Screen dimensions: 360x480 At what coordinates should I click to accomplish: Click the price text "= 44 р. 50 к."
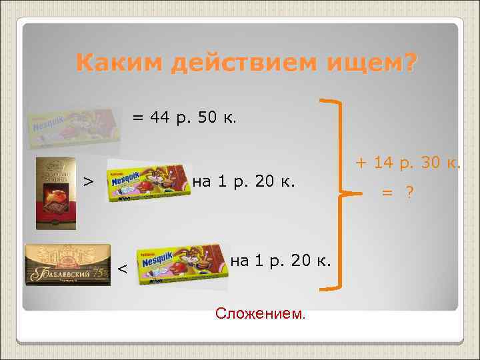(183, 118)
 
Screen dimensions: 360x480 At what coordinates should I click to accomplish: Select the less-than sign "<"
(123, 269)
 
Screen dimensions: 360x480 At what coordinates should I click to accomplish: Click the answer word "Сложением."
(261, 313)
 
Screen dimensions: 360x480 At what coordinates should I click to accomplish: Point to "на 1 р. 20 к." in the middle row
(243, 181)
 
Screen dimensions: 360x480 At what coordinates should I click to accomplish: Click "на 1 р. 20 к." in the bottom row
(281, 261)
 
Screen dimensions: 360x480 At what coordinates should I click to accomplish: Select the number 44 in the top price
(160, 118)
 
